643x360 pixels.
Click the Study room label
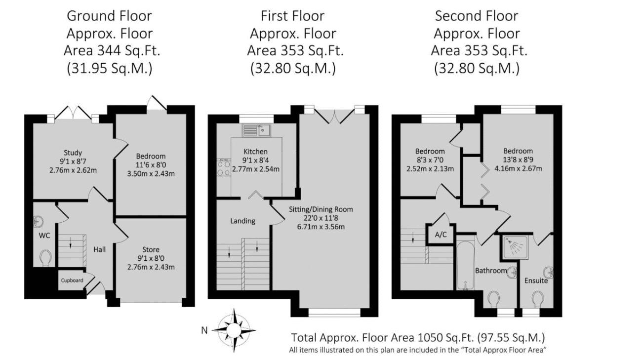click(73, 153)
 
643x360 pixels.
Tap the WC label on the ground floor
click(44, 236)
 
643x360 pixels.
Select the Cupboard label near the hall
click(72, 280)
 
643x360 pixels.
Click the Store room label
click(151, 249)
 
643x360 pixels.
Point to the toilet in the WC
click(45, 258)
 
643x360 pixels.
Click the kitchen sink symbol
click(256, 130)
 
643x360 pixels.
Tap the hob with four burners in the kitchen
click(224, 167)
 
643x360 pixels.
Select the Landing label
click(242, 221)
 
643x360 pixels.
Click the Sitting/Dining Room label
click(321, 209)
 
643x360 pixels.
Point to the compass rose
click(234, 331)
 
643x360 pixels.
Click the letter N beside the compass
click(204, 331)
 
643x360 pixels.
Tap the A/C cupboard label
click(441, 235)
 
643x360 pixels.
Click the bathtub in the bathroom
click(466, 266)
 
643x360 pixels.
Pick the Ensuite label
click(536, 280)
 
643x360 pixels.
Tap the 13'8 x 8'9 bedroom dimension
click(518, 160)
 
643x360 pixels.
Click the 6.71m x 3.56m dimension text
click(321, 227)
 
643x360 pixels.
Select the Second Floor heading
click(477, 16)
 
